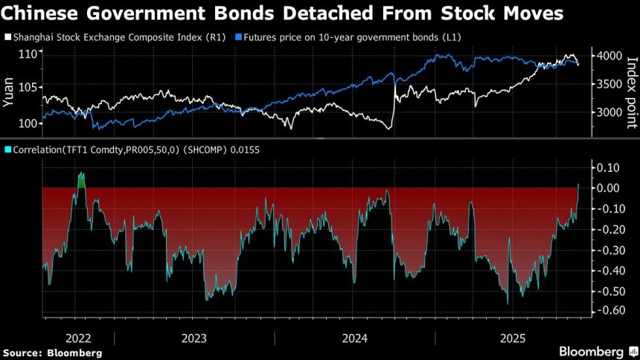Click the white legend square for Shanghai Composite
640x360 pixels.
pyautogui.click(x=7, y=36)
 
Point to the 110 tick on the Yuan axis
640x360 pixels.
pyautogui.click(x=28, y=54)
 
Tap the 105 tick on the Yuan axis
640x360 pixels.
pyautogui.click(x=28, y=89)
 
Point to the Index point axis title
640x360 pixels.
pyautogui.click(x=631, y=82)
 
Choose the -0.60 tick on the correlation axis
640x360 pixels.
pyautogui.click(x=609, y=311)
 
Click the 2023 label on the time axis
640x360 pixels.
pyautogui.click(x=194, y=338)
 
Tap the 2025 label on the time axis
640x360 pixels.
pyautogui.click(x=513, y=338)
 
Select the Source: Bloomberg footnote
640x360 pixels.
pyautogui.click(x=52, y=352)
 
